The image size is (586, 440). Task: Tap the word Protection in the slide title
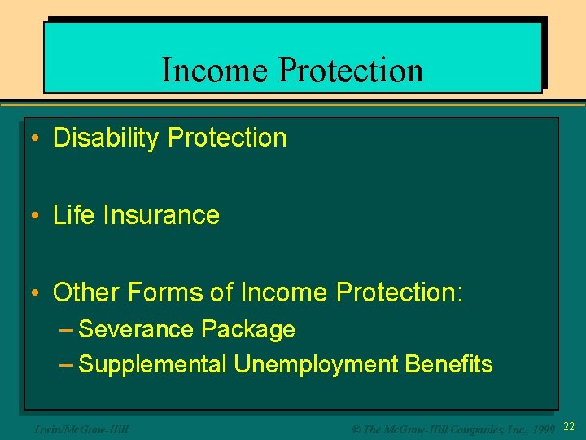(x=351, y=70)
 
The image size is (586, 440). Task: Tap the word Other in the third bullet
(x=85, y=293)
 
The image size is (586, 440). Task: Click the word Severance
(x=137, y=330)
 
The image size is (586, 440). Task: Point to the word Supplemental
(x=153, y=364)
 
